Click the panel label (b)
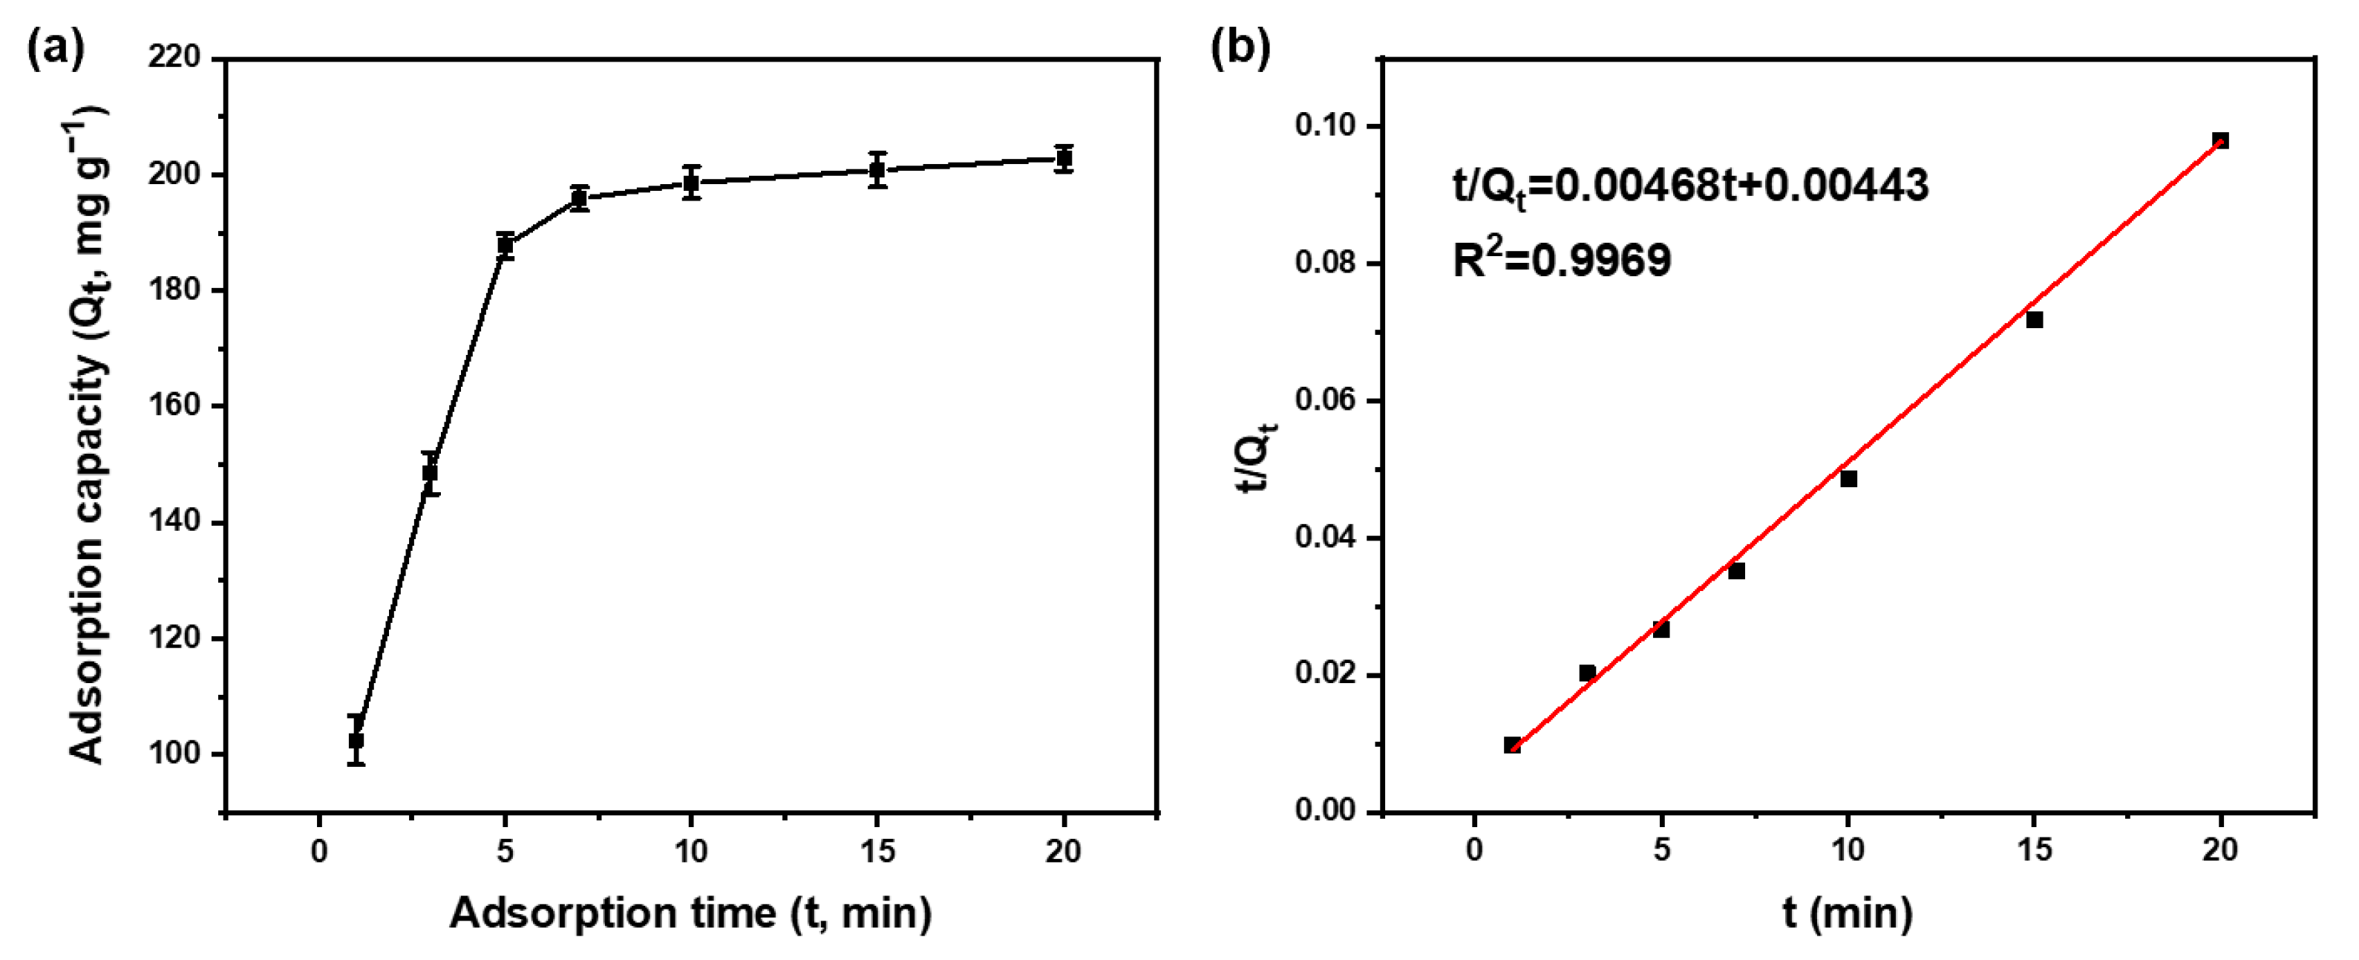coord(1241,48)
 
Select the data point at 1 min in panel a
coord(356,740)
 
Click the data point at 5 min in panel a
coord(505,246)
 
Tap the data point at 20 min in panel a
coord(1063,158)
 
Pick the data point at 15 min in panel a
coord(877,169)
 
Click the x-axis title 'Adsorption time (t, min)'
coord(690,913)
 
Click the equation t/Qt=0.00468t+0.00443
coord(1690,186)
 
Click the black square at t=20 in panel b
coord(2219,140)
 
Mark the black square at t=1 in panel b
coord(1513,745)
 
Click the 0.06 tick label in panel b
coord(1325,401)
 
